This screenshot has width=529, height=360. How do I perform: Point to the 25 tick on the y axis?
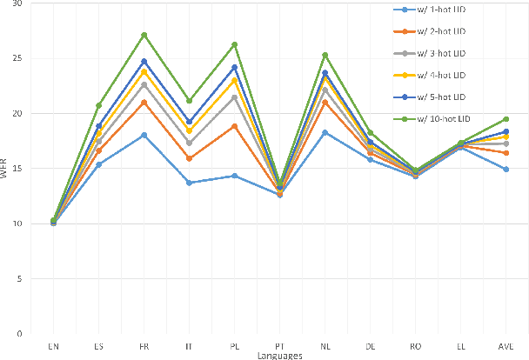pyautogui.click(x=18, y=58)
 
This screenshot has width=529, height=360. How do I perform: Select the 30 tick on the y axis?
pyautogui.click(x=18, y=3)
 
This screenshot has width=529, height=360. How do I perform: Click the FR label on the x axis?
pyautogui.click(x=144, y=345)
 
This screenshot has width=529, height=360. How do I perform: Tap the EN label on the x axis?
pyautogui.click(x=53, y=345)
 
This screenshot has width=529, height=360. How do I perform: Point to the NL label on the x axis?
pyautogui.click(x=325, y=345)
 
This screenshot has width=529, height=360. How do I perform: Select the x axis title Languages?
pyautogui.click(x=279, y=355)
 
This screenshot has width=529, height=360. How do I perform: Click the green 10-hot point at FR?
pyautogui.click(x=144, y=35)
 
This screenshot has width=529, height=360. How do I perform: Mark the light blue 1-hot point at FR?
pyautogui.click(x=144, y=135)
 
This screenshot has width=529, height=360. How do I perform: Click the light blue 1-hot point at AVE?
pyautogui.click(x=506, y=169)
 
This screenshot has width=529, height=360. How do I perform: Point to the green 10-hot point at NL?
pyautogui.click(x=325, y=55)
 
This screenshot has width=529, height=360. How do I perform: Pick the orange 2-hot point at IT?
pyautogui.click(x=189, y=158)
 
